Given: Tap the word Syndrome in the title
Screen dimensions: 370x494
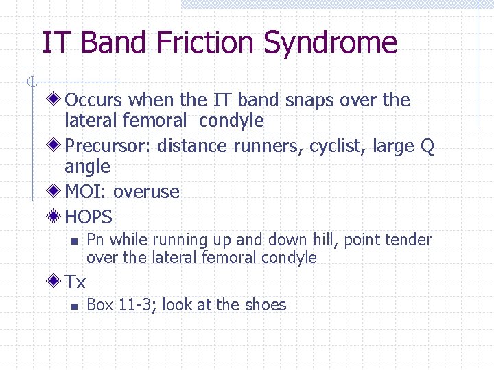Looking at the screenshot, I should coord(330,42).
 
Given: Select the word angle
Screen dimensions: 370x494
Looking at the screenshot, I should coord(87,167).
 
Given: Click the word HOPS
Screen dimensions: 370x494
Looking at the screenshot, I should coord(89,217).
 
